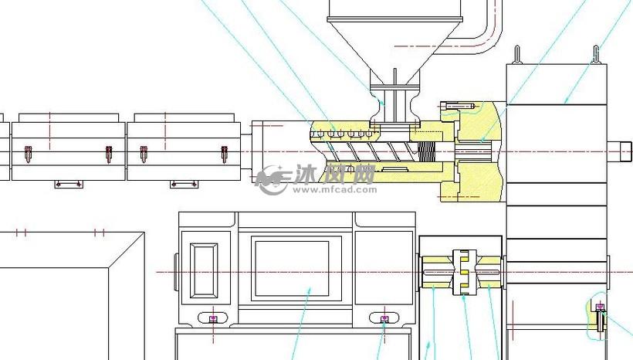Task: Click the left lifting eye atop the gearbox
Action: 517,55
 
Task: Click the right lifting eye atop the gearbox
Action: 596,55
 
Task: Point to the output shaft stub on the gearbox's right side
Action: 620,151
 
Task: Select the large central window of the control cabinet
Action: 292,269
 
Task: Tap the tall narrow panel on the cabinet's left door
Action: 204,270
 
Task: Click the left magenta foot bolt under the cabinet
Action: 214,319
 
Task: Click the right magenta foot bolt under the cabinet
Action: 384,319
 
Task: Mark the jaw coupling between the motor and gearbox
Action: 464,272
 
